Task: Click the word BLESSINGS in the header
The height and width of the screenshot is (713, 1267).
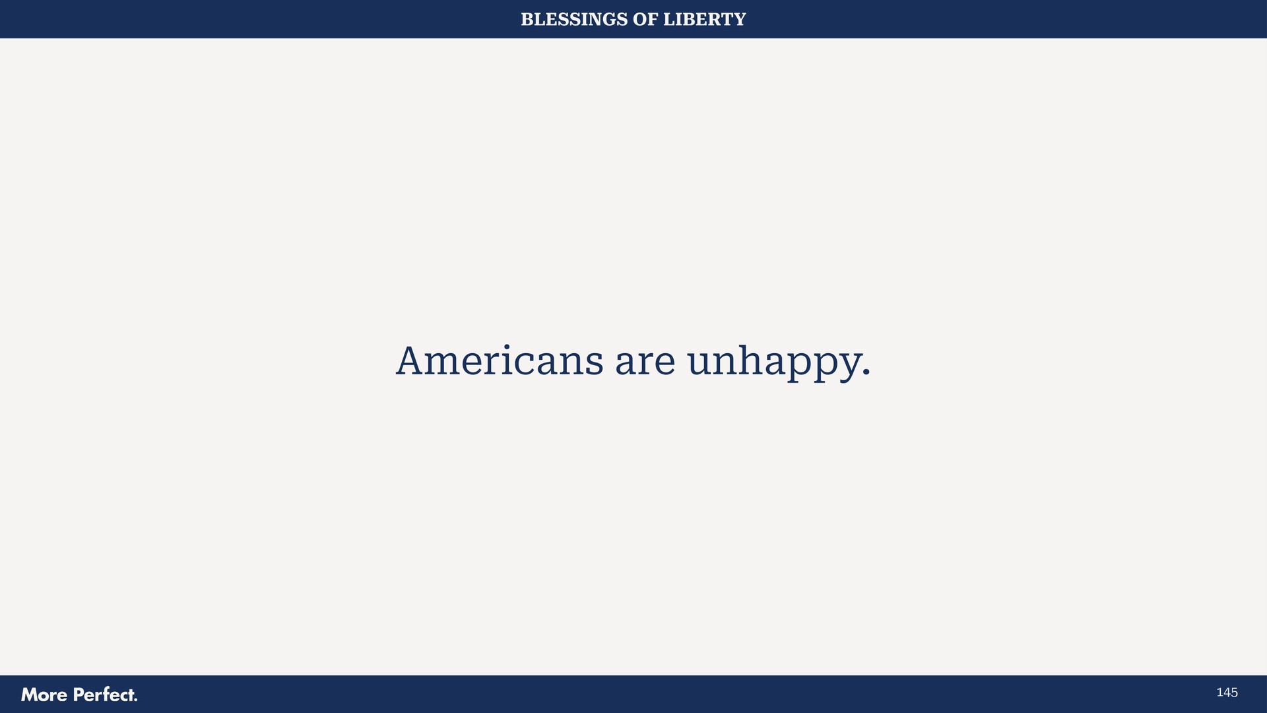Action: pyautogui.click(x=574, y=20)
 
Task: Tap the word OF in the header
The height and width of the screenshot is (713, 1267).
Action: pyautogui.click(x=645, y=20)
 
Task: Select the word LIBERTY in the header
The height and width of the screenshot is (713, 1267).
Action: pyautogui.click(x=704, y=20)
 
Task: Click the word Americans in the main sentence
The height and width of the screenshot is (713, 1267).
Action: pyautogui.click(x=500, y=362)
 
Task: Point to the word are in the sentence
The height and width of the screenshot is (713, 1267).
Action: pyautogui.click(x=645, y=363)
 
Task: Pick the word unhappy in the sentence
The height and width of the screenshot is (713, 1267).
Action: pyautogui.click(x=773, y=363)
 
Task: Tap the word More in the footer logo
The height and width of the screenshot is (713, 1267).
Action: pyautogui.click(x=44, y=695)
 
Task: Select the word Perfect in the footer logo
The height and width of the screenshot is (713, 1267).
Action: pyautogui.click(x=102, y=695)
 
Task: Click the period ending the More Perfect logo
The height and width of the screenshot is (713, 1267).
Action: pyautogui.click(x=135, y=700)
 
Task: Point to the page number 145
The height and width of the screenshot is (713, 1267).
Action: pyautogui.click(x=1227, y=693)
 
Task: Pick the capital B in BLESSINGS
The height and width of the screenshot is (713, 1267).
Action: pyautogui.click(x=527, y=20)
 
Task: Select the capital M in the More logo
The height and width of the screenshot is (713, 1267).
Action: pyautogui.click(x=30, y=695)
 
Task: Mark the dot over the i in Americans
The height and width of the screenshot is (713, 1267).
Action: pyautogui.click(x=507, y=345)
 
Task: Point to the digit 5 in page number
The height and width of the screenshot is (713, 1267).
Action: pyautogui.click(x=1234, y=693)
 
